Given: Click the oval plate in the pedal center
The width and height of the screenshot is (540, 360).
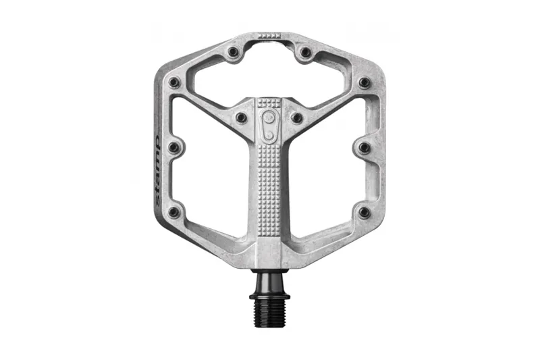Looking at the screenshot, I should coord(269,126).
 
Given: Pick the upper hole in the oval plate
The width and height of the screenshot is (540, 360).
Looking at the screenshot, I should coord(269,118).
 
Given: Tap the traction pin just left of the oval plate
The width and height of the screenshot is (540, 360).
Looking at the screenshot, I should coord(241,118).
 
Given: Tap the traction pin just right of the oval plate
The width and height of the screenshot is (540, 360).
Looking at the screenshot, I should coord(296,118).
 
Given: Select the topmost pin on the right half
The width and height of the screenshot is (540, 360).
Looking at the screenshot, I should coord(305,52).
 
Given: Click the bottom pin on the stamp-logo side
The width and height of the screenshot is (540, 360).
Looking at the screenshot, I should coord(174,212).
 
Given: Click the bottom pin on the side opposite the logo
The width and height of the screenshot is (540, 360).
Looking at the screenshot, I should coord(364,212).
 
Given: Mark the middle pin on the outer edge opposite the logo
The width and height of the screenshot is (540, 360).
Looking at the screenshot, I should coord(364,147).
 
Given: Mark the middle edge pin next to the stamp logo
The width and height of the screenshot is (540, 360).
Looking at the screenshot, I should coord(174,147).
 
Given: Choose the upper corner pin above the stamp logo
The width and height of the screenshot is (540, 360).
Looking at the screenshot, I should coord(174,82).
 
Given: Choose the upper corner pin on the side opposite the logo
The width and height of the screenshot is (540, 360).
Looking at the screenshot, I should coord(364,82).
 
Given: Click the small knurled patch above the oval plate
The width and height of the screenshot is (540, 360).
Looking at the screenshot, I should coord(269,103).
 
